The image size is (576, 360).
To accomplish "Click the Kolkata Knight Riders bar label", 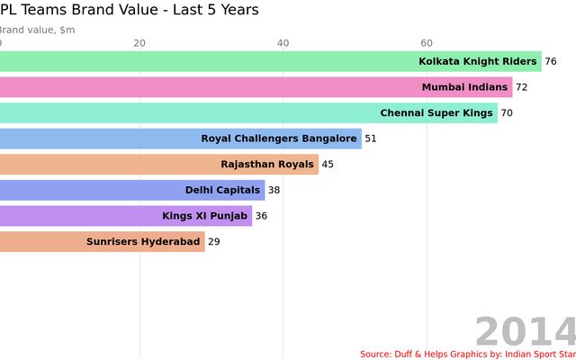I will tap(478, 62).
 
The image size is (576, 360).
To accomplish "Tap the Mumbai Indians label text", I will tap(464, 87).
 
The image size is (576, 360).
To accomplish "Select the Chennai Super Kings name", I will tap(436, 113).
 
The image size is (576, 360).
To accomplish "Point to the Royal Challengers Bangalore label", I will tap(279, 139).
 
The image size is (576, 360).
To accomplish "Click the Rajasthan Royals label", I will tap(267, 165).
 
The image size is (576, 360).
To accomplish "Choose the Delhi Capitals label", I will tap(222, 190).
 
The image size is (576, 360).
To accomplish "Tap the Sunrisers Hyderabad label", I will tap(143, 241).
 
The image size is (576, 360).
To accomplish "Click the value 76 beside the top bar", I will tap(551, 62).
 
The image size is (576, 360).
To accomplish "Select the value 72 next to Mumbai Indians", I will tap(522, 87).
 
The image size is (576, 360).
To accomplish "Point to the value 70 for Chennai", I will tap(508, 113).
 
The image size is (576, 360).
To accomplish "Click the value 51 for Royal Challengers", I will tap(371, 139).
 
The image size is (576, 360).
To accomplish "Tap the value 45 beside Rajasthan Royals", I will tap(328, 165).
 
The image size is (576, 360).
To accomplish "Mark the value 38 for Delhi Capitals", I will tap(274, 190).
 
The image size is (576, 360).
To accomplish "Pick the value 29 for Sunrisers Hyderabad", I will tap(214, 241).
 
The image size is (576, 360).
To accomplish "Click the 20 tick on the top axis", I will tap(139, 43).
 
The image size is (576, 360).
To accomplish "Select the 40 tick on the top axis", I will tap(283, 43).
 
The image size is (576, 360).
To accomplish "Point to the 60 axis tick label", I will tap(427, 43).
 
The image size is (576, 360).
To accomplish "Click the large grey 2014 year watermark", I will tap(525, 332).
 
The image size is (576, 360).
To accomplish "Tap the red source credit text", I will tap(467, 354).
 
